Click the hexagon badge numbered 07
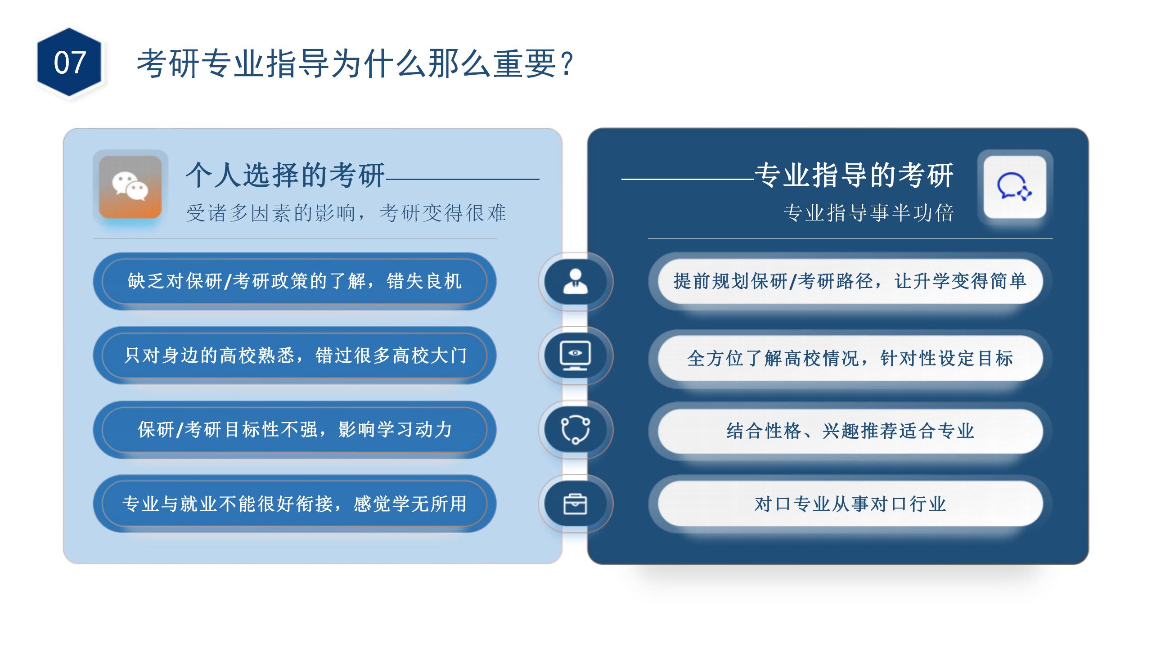69,62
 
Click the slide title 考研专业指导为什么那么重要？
355,63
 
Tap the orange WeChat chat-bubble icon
130,187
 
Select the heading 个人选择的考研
285,175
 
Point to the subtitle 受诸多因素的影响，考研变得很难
346,213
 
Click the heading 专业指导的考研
854,175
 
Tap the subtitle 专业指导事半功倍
868,213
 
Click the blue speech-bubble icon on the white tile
1015,187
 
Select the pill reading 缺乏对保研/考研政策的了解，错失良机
295,281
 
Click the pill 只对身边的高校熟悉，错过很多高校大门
295,355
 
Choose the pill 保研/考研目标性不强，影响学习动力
295,430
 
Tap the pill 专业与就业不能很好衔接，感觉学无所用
295,504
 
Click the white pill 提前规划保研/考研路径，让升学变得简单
850,281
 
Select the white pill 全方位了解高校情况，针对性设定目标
850,358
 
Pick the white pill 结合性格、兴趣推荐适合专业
850,431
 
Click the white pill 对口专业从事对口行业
850,504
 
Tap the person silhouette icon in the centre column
575,281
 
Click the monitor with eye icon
575,355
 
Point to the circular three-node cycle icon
575,430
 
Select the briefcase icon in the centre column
575,504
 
